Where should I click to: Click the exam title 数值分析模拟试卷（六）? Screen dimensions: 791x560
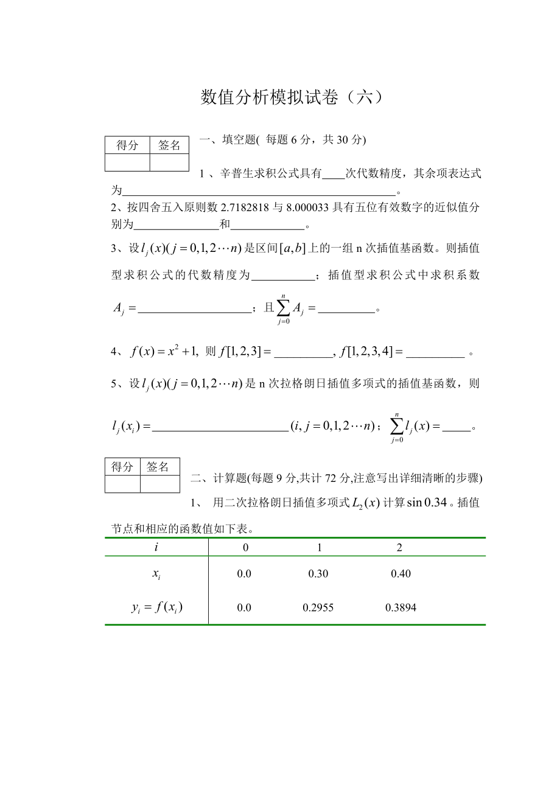(292, 97)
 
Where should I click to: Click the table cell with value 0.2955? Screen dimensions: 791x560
(318, 607)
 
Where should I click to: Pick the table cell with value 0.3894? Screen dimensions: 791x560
(401, 607)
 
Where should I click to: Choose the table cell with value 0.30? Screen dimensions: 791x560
(318, 574)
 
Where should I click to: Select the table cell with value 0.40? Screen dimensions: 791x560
(401, 574)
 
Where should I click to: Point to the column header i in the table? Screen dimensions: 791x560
(156, 547)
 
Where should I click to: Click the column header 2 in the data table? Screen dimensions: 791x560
(399, 547)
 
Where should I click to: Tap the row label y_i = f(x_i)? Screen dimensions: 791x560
(157, 607)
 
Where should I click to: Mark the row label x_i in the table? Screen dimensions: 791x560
(157, 574)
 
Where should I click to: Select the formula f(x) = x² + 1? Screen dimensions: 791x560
(161, 351)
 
